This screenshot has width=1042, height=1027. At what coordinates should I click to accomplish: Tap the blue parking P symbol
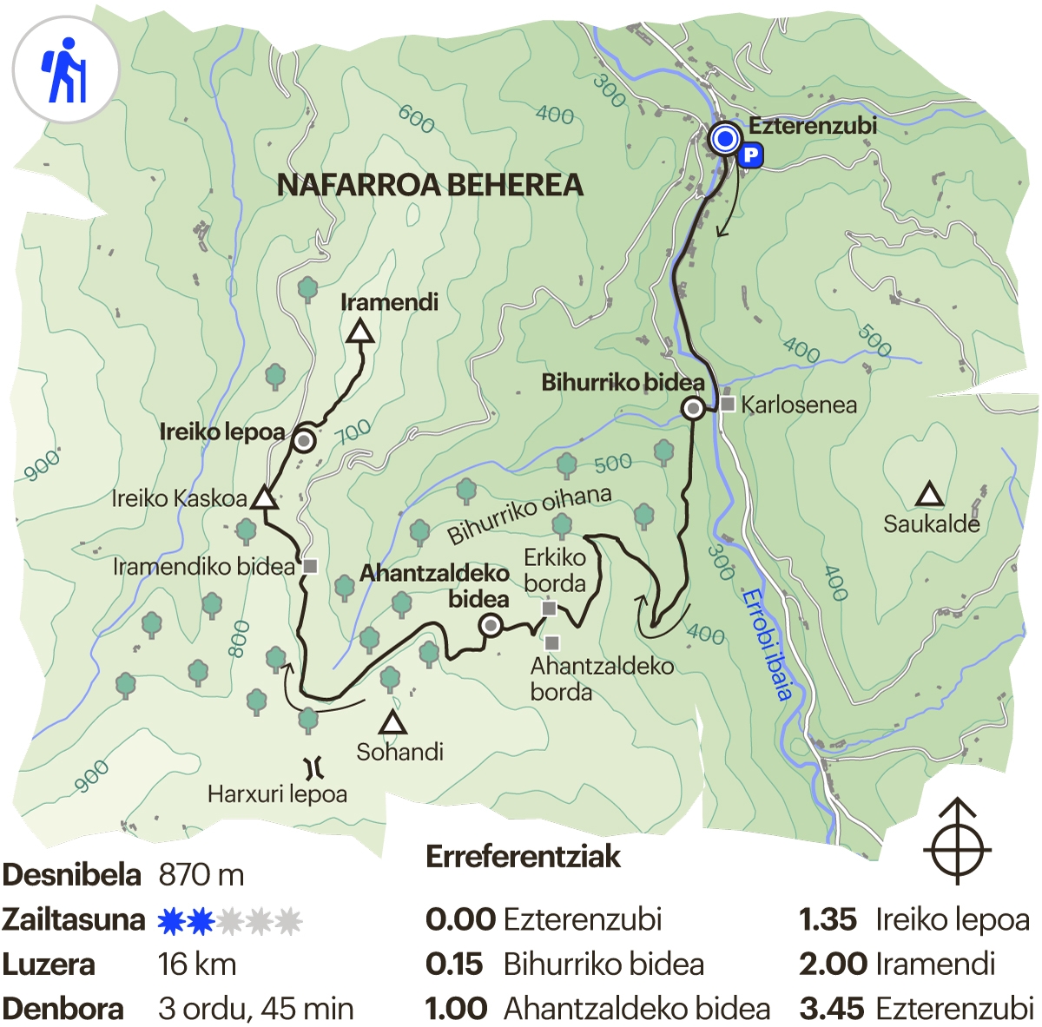click(x=750, y=155)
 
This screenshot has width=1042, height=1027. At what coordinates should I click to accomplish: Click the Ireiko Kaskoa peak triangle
click(x=264, y=499)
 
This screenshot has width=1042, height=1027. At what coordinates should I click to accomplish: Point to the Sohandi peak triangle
click(x=392, y=723)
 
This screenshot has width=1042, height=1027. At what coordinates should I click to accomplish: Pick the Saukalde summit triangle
click(x=930, y=496)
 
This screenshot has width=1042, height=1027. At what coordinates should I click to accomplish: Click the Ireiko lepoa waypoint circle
click(x=304, y=441)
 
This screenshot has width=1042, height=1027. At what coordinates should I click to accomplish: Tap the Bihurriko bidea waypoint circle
click(x=693, y=408)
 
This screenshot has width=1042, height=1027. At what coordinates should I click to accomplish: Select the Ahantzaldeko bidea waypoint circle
click(x=491, y=625)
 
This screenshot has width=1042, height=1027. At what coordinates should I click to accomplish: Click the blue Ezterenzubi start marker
click(x=724, y=139)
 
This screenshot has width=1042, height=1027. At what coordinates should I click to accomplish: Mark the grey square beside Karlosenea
click(x=728, y=405)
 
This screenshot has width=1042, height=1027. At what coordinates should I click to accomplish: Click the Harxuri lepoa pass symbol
click(x=313, y=767)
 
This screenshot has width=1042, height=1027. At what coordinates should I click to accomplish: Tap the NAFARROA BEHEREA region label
click(x=430, y=185)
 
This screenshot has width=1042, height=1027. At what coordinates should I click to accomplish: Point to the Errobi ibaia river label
click(x=768, y=643)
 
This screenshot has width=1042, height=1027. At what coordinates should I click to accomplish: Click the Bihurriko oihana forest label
click(x=529, y=514)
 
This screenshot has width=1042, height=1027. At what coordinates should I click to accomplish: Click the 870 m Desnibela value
click(x=201, y=875)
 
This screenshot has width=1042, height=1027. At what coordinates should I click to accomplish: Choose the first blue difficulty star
click(x=171, y=920)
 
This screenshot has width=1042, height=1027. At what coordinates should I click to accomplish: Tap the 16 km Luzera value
click(x=197, y=964)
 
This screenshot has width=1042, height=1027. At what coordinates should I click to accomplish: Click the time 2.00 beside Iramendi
click(x=833, y=964)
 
